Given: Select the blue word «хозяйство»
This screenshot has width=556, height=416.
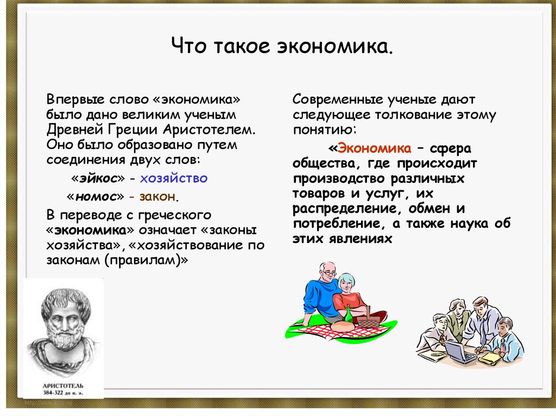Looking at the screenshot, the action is click(174, 178).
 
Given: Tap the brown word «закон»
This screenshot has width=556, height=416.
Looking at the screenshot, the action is click(157, 196).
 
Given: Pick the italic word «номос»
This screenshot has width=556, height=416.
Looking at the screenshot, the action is click(96, 196).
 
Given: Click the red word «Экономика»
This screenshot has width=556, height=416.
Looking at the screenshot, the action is click(375, 148).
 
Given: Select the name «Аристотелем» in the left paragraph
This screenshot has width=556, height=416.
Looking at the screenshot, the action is click(209, 130).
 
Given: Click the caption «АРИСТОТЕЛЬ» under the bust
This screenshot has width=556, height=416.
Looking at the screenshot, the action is click(63, 386).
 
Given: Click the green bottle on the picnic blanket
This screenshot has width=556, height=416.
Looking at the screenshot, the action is click(349, 314).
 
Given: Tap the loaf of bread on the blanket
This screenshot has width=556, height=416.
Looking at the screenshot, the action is click(342, 327).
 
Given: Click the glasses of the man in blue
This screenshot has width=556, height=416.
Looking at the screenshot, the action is click(330, 273).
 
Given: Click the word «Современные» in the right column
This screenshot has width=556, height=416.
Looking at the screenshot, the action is click(338, 99).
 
